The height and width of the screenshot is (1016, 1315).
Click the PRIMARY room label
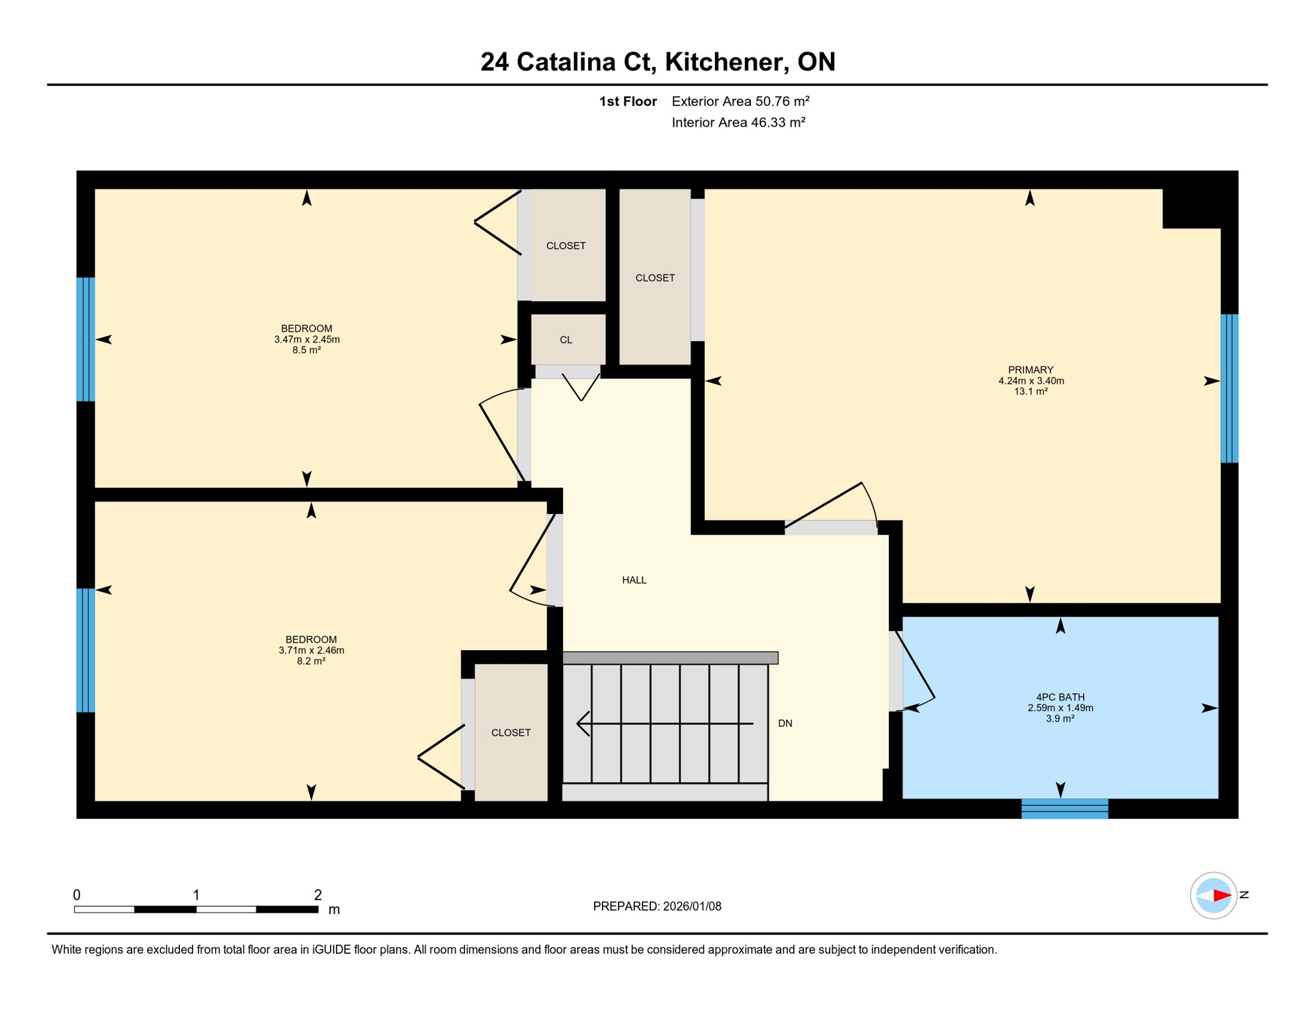click(1030, 370)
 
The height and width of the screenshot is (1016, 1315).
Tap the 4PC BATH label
click(1060, 697)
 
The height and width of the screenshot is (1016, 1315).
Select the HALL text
click(634, 580)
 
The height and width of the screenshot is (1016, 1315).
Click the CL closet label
click(566, 340)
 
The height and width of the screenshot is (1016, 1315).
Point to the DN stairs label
click(785, 724)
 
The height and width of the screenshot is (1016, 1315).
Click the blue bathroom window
click(1064, 808)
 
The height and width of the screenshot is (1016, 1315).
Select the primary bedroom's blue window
click(1228, 388)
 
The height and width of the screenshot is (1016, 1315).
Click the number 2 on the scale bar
click(318, 895)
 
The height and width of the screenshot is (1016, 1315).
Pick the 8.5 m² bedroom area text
click(306, 351)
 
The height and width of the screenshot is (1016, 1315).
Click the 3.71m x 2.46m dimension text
click(311, 650)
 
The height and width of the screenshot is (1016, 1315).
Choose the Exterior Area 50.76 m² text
click(740, 101)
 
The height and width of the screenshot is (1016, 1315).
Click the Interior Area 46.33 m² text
click(738, 122)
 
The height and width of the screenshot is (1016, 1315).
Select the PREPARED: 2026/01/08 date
click(657, 906)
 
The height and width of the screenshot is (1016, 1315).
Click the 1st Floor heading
click(627, 101)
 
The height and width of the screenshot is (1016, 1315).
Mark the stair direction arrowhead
click(582, 724)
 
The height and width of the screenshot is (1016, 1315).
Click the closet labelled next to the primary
click(655, 278)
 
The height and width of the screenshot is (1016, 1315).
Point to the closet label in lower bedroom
click(511, 733)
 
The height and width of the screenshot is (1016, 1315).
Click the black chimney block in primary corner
click(1192, 208)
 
